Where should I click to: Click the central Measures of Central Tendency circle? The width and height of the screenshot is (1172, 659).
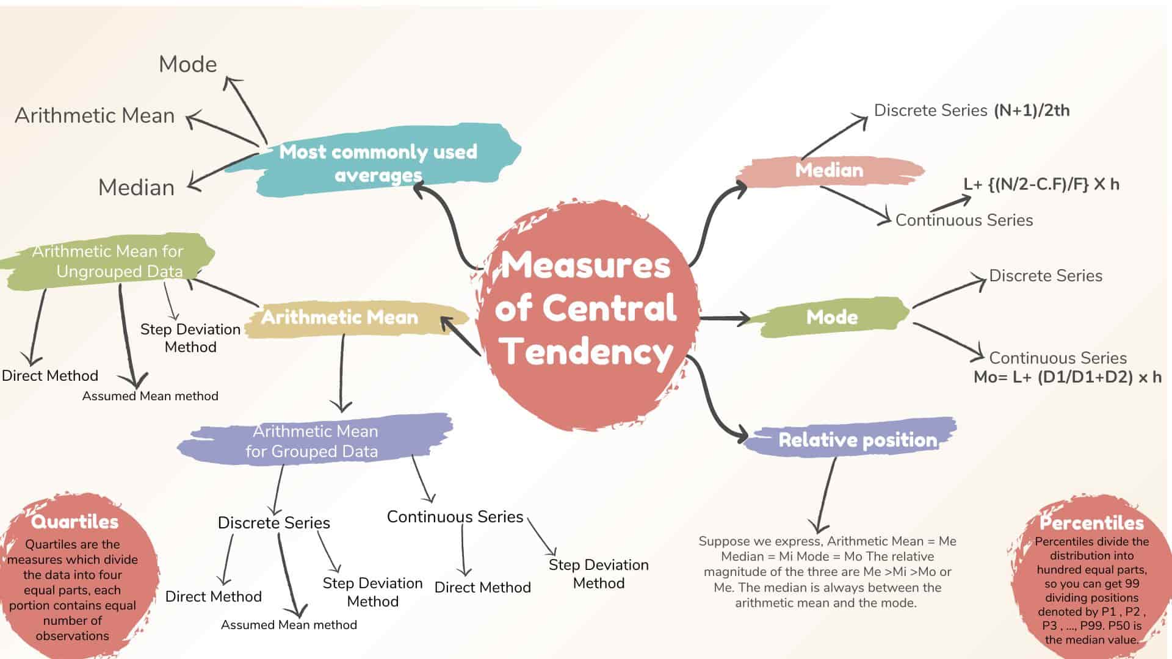click(x=586, y=308)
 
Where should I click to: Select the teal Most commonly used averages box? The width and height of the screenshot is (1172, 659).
click(x=378, y=163)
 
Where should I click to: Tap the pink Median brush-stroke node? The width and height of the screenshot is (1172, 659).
click(x=829, y=170)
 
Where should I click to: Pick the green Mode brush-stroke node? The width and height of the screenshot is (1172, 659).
click(x=831, y=317)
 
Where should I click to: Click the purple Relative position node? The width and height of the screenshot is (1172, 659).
click(x=857, y=440)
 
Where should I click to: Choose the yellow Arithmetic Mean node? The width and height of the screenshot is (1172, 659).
click(x=340, y=317)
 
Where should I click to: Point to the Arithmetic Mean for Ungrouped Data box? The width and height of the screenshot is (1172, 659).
click(x=109, y=261)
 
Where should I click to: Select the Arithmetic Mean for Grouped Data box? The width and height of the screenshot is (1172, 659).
click(x=314, y=441)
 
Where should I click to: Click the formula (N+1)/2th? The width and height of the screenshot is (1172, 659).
click(x=1032, y=110)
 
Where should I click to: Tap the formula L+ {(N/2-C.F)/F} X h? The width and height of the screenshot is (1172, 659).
click(x=1041, y=184)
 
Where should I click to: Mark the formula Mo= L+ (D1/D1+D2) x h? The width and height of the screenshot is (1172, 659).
click(x=1067, y=377)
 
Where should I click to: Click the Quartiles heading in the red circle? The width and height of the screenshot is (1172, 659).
click(x=74, y=522)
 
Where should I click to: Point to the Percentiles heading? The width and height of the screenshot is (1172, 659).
click(x=1091, y=523)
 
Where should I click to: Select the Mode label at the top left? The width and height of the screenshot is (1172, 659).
click(x=187, y=64)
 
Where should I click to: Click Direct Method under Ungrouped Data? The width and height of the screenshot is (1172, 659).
click(x=50, y=375)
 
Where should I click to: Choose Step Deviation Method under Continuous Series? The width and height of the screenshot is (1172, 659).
click(x=598, y=574)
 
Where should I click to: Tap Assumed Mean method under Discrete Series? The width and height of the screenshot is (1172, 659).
click(x=289, y=625)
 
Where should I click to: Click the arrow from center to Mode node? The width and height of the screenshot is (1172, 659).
click(x=725, y=318)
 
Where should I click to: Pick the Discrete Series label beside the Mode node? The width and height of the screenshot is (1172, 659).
click(x=1045, y=276)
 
